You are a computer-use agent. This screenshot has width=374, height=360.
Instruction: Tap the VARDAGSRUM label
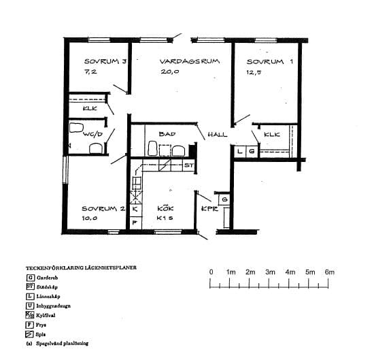coord(190,61)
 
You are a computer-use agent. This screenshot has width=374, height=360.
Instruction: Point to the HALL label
coord(218,134)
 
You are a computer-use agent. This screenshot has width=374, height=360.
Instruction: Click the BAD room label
coord(167,134)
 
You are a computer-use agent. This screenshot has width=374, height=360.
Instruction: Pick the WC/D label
coord(92,134)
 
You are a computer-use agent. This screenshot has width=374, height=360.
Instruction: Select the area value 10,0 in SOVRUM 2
coord(90,218)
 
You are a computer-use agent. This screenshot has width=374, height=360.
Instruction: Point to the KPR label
coord(209,209)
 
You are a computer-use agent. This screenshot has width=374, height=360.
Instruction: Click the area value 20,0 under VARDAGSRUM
coord(170,72)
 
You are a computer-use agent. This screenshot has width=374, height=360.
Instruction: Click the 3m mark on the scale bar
coord(270,272)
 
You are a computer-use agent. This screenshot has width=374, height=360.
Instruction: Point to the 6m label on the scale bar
coord(330,272)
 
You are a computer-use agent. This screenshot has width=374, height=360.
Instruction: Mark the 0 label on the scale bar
coord(211,272)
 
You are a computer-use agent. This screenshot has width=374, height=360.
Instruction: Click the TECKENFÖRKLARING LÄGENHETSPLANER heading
coord(81,268)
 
